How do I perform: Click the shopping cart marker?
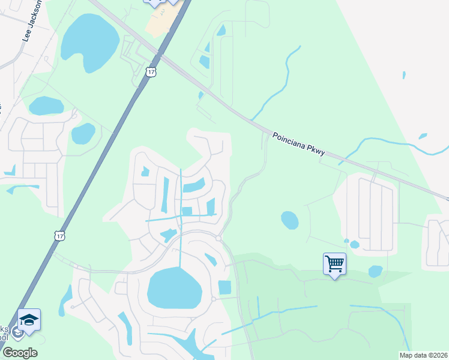click(334, 263)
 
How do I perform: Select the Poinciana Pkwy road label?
click(298, 144)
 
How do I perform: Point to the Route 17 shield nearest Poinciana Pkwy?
click(150, 72)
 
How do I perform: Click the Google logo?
click(20, 353)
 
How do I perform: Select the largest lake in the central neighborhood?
click(175, 288)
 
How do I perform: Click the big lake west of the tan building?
click(89, 41)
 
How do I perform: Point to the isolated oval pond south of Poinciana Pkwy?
click(289, 220)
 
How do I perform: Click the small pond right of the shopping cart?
click(375, 271)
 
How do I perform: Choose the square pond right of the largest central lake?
click(224, 287)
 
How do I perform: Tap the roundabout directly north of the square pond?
click(218, 238)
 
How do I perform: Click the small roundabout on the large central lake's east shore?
click(214, 299)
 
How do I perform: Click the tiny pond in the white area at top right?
click(404, 76)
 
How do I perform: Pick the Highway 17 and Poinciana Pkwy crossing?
click(161, 55)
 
